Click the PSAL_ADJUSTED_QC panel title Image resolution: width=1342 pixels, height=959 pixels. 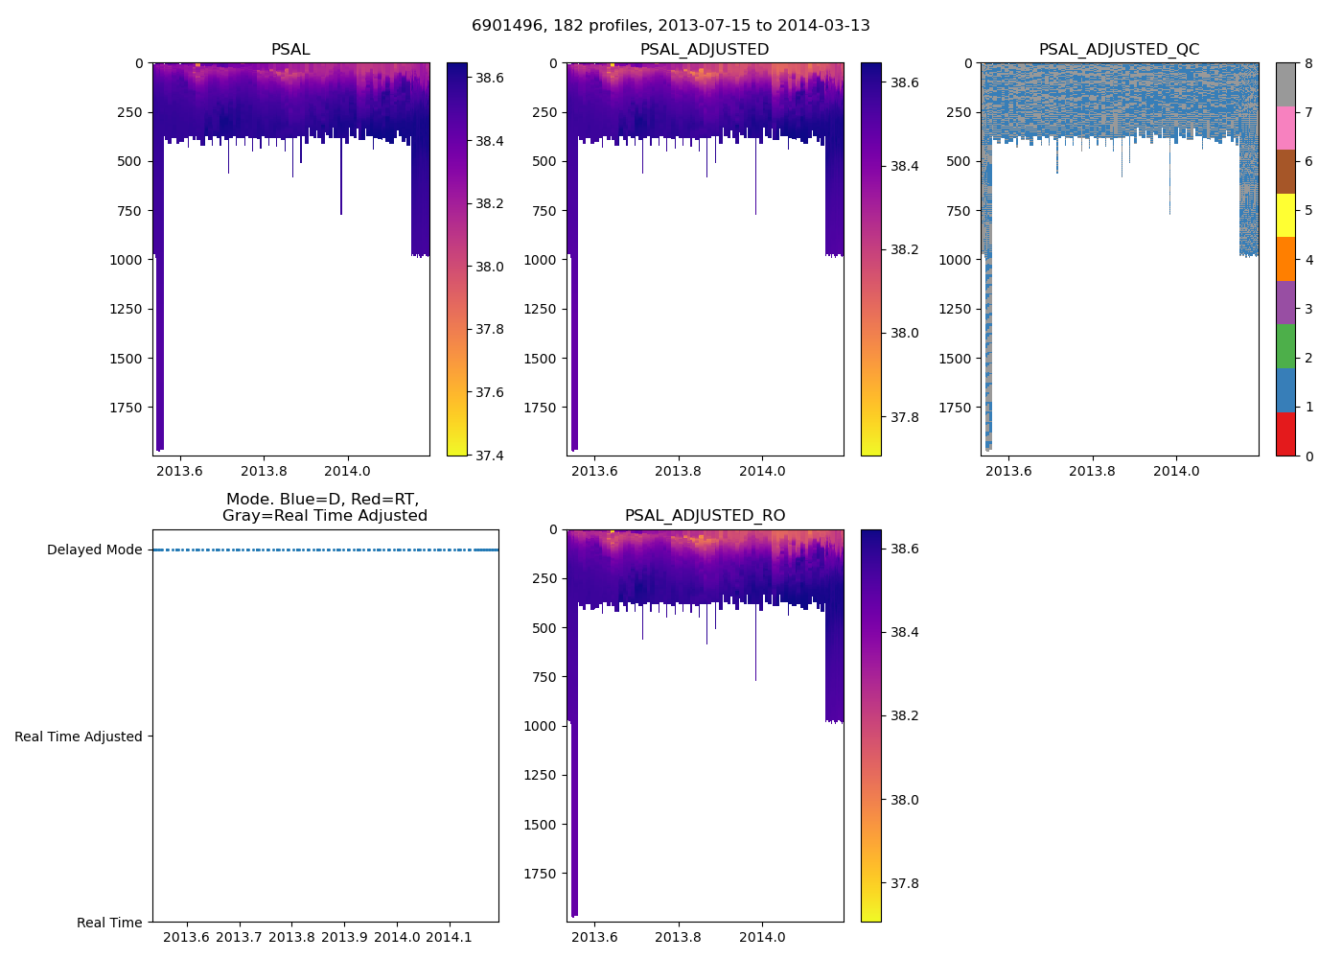tap(1119, 50)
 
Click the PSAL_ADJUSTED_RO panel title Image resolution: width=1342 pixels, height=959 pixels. tap(705, 516)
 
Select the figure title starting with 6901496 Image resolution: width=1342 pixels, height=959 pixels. tap(670, 26)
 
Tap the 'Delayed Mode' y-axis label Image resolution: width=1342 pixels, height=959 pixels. tap(94, 550)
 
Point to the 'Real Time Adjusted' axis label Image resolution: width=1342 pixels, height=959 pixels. tap(79, 737)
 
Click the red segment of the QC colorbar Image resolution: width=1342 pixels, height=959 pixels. tap(1285, 434)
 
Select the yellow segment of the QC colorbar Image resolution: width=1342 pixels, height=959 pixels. tap(1285, 216)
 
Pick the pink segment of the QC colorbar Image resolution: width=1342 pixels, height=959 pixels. tap(1285, 129)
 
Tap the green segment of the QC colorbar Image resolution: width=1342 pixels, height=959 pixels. tap(1285, 346)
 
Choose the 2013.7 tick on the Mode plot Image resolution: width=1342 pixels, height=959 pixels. tap(239, 937)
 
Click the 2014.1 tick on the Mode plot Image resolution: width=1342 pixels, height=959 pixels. tap(449, 937)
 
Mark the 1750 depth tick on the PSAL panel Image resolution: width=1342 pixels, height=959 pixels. tap(126, 408)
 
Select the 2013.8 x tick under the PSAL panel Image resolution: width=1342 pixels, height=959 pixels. tap(264, 471)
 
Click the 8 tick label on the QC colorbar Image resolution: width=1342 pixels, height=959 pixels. tap(1308, 63)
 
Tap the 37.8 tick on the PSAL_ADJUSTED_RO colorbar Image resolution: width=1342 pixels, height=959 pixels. tap(899, 883)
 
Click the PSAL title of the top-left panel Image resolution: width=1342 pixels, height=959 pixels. tap(290, 50)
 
